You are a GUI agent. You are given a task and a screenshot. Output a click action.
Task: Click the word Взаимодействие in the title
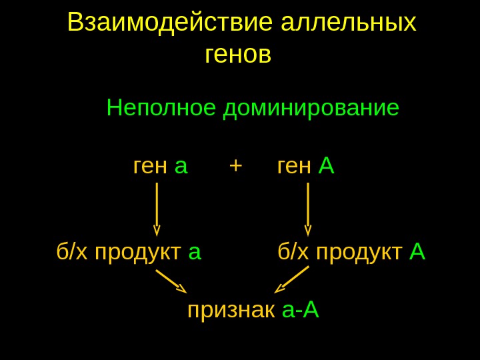[170, 23]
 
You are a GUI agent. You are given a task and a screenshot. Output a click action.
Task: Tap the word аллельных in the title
[349, 23]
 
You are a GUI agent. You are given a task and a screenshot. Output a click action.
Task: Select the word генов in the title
[238, 55]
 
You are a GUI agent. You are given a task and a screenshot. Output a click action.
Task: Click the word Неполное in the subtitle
[161, 107]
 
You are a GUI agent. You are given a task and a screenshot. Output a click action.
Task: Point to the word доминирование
[311, 107]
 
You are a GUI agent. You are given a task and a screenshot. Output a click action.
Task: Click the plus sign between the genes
[235, 165]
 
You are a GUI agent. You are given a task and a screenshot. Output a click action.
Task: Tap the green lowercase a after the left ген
[181, 167]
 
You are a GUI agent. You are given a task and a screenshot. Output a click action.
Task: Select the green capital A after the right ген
[326, 165]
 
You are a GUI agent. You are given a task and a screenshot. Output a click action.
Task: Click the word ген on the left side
[150, 167]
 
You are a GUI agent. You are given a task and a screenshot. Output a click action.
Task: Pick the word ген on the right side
[294, 167]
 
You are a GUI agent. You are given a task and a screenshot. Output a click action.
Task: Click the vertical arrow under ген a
[157, 209]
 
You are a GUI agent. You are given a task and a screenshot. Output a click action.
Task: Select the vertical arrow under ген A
[308, 209]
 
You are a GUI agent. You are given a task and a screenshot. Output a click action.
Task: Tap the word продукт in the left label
[138, 253]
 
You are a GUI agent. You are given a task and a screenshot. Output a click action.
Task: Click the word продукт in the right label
[359, 253]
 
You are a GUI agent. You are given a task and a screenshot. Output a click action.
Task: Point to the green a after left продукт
[195, 253]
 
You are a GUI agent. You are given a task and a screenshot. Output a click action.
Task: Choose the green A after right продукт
[417, 252]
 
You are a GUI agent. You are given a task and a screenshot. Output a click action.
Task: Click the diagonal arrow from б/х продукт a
[171, 281]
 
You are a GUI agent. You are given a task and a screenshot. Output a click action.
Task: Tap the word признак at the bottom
[231, 310]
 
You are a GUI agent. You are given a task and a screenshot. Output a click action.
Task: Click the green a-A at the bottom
[301, 309]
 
